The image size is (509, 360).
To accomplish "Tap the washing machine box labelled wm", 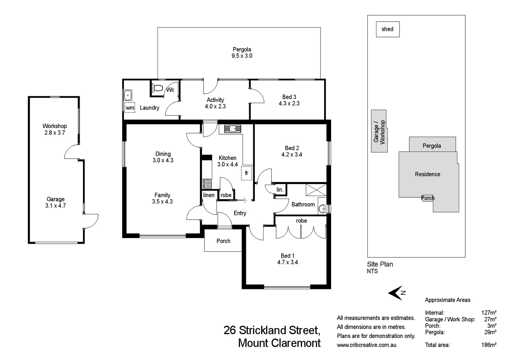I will [x=130, y=108].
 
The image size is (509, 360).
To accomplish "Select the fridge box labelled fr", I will [x=247, y=173].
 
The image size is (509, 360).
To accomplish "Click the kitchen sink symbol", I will [x=233, y=128].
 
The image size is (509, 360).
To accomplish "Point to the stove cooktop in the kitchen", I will [x=207, y=184].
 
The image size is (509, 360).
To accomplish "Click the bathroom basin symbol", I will [x=322, y=209].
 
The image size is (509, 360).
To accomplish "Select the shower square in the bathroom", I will [x=316, y=190].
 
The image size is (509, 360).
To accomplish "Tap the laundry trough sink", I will [x=128, y=95].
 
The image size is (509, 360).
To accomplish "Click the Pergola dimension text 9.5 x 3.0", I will [x=242, y=56].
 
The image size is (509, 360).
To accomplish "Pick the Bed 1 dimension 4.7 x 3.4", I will [x=287, y=262].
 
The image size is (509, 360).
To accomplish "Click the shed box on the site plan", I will [x=387, y=29].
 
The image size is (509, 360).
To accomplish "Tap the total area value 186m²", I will [x=489, y=345].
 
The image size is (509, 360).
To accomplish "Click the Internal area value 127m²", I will [x=489, y=313].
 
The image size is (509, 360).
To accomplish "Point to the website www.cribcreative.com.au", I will [x=366, y=345].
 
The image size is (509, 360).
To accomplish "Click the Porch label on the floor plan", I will [x=223, y=241].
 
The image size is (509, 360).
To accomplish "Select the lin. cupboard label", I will [x=280, y=190].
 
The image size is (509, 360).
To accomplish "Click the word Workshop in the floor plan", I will [x=55, y=126].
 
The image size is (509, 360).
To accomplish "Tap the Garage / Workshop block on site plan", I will [x=379, y=131].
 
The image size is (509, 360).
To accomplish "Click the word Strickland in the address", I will [x=263, y=330].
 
